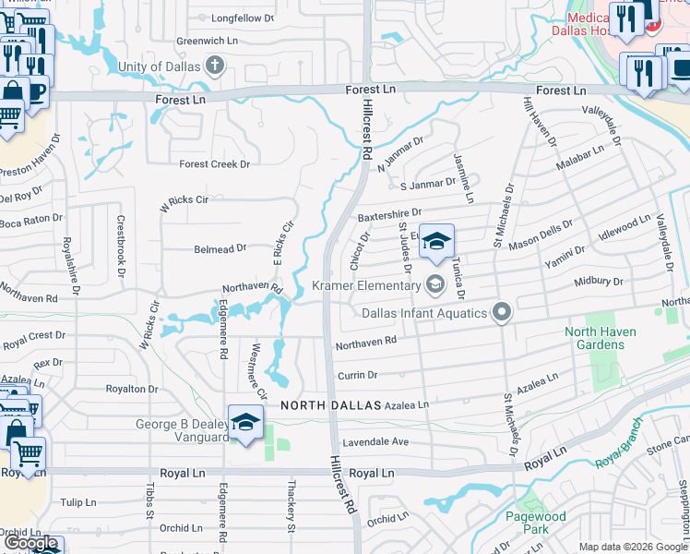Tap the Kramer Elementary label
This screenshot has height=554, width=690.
coord(365,285)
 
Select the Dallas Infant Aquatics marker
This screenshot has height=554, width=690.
coord(502,313)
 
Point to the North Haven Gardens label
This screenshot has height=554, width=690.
coord(594,338)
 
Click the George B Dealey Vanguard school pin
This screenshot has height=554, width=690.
coord(245,423)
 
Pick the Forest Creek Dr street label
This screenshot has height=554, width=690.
coord(215,164)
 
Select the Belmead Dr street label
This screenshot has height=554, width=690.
coord(220,248)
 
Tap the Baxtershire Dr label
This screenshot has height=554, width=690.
coord(389,213)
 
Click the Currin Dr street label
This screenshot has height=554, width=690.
coord(358,375)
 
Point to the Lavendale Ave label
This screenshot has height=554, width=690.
coord(376,442)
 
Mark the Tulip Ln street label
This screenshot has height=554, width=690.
coord(77,503)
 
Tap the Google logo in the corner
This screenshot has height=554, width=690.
coord(30,543)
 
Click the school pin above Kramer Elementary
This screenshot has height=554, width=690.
coord(436,242)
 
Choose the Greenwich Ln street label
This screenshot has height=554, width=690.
coord(208,41)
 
